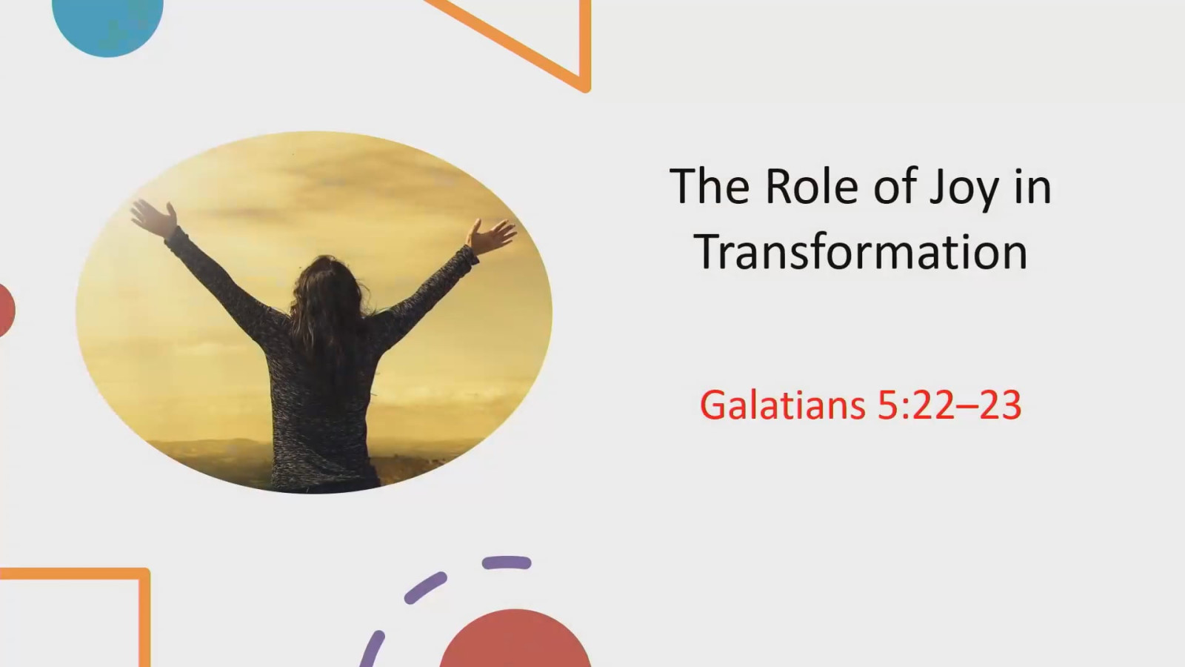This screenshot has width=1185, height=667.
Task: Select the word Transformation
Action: (x=861, y=252)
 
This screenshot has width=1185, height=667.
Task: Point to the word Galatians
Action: (x=782, y=405)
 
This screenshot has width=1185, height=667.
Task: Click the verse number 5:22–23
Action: (x=949, y=405)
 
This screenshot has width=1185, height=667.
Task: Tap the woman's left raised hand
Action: (x=154, y=216)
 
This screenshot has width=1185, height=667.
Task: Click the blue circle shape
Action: (x=108, y=22)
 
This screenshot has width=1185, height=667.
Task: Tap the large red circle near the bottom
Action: (x=515, y=641)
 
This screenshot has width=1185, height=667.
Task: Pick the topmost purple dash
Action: (x=507, y=563)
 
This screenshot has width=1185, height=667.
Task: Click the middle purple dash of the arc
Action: (x=425, y=588)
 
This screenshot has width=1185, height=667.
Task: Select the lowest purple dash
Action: (x=373, y=648)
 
